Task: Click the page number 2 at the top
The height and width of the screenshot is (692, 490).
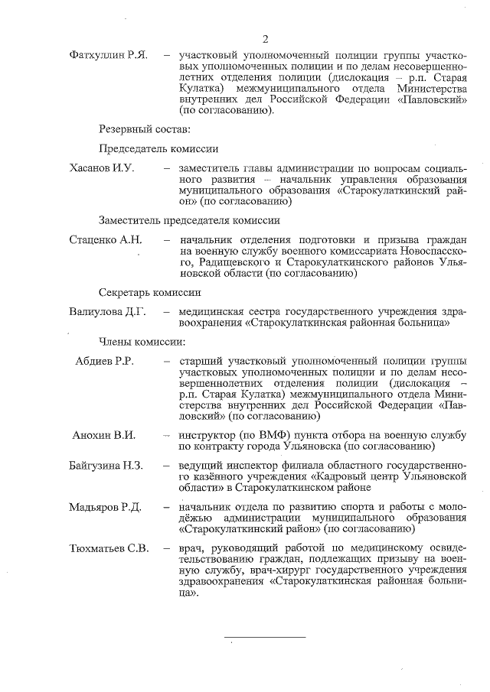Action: click(265, 39)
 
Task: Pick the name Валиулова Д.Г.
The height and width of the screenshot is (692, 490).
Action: click(107, 311)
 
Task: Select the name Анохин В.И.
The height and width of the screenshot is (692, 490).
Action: click(103, 435)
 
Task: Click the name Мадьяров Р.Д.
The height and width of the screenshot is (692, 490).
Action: click(106, 506)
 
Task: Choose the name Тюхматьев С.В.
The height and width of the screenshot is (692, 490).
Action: click(109, 548)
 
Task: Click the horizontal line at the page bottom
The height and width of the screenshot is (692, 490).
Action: click(264, 636)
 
